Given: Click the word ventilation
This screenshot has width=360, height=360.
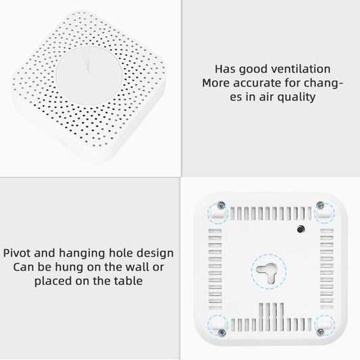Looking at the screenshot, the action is coord(301,69).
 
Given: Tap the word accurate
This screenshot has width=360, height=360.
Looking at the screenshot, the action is coord(257,83).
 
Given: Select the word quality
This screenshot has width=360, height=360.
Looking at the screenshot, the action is coord(297,97).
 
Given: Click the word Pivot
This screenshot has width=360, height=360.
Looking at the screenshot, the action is coord(17,253).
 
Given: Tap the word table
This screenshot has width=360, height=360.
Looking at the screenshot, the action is coord(128,281).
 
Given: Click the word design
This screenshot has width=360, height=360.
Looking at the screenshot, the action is coord(155,253).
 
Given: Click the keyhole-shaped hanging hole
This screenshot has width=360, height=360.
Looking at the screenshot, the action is coord(268,272).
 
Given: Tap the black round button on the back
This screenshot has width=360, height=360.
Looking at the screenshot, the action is coord(301,229).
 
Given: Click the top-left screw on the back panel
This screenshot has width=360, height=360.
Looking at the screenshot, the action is coord(222,205).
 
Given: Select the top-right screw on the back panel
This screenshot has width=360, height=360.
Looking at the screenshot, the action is coord(320,205).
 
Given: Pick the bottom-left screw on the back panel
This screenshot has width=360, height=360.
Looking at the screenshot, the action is coord(222,332).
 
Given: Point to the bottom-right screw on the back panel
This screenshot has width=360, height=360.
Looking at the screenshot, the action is coord(320,332).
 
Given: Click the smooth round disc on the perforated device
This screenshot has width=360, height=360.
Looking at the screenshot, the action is coord(89,75).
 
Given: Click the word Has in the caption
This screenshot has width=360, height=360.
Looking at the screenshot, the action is coord(225,69).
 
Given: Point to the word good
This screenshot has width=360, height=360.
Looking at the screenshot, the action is coord(253,70).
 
